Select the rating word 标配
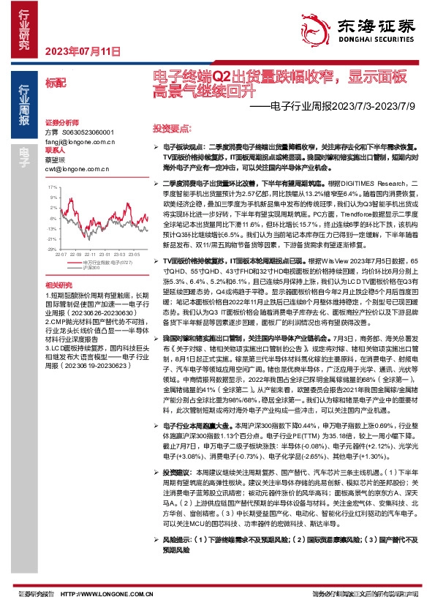(x=55, y=83)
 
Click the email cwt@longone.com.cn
(x=77, y=169)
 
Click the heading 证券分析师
(x=61, y=122)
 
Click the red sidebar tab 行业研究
(x=24, y=30)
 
